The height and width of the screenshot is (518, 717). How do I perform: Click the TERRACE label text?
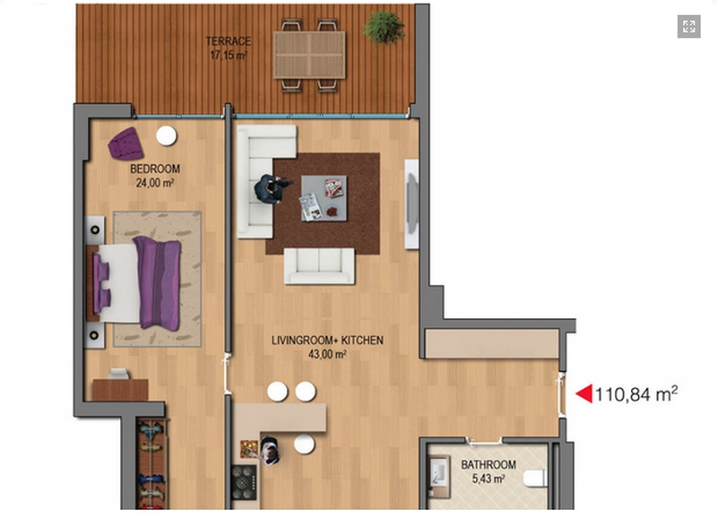[x=229, y=41]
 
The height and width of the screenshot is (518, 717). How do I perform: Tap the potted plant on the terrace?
[x=384, y=27]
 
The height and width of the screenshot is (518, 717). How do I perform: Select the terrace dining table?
[x=309, y=55]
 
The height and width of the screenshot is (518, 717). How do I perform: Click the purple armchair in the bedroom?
[x=125, y=143]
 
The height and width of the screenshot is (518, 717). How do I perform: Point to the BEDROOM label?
[x=155, y=168]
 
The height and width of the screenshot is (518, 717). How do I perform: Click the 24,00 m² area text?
[x=155, y=183]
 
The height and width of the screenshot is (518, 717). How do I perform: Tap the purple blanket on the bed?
[x=159, y=283]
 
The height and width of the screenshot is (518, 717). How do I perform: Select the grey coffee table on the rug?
[x=324, y=198]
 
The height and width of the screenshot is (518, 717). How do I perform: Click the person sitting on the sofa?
[x=271, y=188]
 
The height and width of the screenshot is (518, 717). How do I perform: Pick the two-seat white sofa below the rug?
[x=319, y=266]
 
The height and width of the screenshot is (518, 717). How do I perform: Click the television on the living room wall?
[x=412, y=204]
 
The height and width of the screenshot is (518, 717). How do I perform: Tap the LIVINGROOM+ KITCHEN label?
[x=327, y=341]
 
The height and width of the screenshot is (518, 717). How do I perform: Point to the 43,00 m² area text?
[x=327, y=354]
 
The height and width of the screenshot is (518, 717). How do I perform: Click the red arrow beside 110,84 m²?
[x=584, y=393]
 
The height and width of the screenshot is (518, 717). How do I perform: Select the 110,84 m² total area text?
[x=636, y=393]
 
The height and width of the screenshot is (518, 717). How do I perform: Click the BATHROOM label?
[x=488, y=465]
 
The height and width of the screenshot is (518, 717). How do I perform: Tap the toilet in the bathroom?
[x=535, y=479]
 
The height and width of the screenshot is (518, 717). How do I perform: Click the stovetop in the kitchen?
[x=244, y=482]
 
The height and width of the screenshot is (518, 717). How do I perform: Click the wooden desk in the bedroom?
[x=120, y=390]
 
